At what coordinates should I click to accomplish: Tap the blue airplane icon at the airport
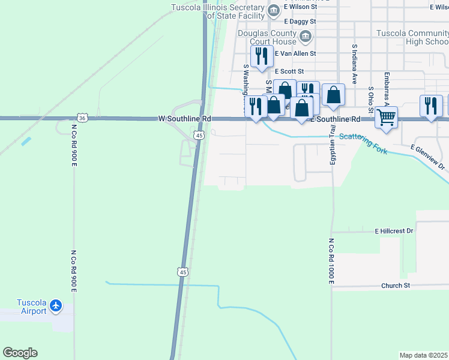[56, 306]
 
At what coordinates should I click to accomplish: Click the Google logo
[20, 353]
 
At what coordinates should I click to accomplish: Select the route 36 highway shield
[82, 118]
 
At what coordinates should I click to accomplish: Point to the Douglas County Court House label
[267, 37]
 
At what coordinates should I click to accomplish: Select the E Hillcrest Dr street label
[394, 230]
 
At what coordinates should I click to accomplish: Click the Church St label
[395, 286]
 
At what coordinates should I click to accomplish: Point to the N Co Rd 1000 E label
[331, 262]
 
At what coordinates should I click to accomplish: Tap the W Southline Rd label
[184, 119]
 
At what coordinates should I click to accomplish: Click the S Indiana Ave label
[355, 64]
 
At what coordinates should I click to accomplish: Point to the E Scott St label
[291, 71]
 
